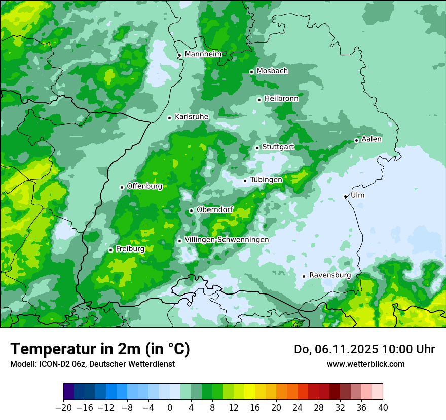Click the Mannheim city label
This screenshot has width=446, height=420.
click(203, 54)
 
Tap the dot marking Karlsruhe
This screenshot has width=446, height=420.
click(170, 118)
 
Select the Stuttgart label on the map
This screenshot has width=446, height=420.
click(278, 147)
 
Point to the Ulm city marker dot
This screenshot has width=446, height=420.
click(345, 196)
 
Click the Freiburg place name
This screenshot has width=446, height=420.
click(130, 249)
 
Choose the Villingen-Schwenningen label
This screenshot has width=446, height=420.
click(227, 239)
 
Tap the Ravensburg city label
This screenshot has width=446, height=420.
click(330, 275)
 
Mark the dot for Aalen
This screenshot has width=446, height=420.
click(356, 140)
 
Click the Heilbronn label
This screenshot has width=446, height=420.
click(281, 98)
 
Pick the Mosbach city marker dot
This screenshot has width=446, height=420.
click(251, 72)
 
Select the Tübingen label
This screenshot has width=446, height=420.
click(266, 180)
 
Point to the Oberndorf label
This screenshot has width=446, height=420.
click(214, 209)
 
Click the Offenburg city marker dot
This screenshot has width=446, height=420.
click(122, 187)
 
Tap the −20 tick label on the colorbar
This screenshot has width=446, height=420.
click(63, 407)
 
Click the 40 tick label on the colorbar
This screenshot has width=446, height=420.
click(383, 407)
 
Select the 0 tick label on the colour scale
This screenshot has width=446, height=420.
click(170, 407)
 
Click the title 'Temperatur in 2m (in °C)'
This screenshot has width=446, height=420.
click(100, 349)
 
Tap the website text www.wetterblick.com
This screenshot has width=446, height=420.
click(365, 364)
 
